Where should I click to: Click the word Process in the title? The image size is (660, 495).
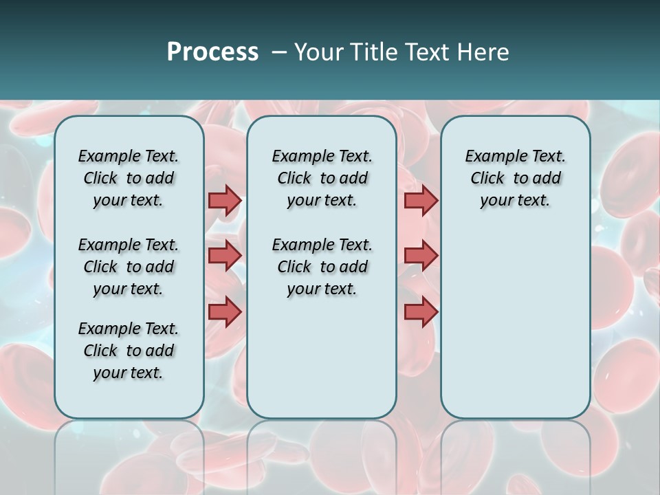(x=212, y=52)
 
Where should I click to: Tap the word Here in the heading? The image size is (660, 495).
(x=485, y=52)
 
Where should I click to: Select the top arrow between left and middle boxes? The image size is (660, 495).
(x=225, y=200)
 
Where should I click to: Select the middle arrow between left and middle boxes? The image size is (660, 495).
(x=225, y=256)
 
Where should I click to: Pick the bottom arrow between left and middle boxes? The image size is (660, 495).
(x=225, y=311)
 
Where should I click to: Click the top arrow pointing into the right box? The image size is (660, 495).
(x=421, y=200)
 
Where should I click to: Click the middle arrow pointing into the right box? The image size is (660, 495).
(x=421, y=256)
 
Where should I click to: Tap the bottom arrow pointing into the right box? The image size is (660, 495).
(x=421, y=311)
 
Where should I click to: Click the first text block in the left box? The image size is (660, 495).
(x=129, y=178)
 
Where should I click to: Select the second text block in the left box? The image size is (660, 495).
(x=129, y=267)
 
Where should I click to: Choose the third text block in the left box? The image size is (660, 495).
(x=129, y=351)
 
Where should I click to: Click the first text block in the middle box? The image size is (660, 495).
(x=322, y=178)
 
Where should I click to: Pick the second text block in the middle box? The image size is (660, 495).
(x=322, y=267)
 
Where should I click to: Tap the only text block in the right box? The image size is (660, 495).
(x=515, y=178)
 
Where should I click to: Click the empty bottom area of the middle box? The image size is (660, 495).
(x=322, y=364)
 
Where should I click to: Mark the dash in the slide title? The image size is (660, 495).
(x=279, y=52)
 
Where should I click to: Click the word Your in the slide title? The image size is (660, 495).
(x=318, y=52)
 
